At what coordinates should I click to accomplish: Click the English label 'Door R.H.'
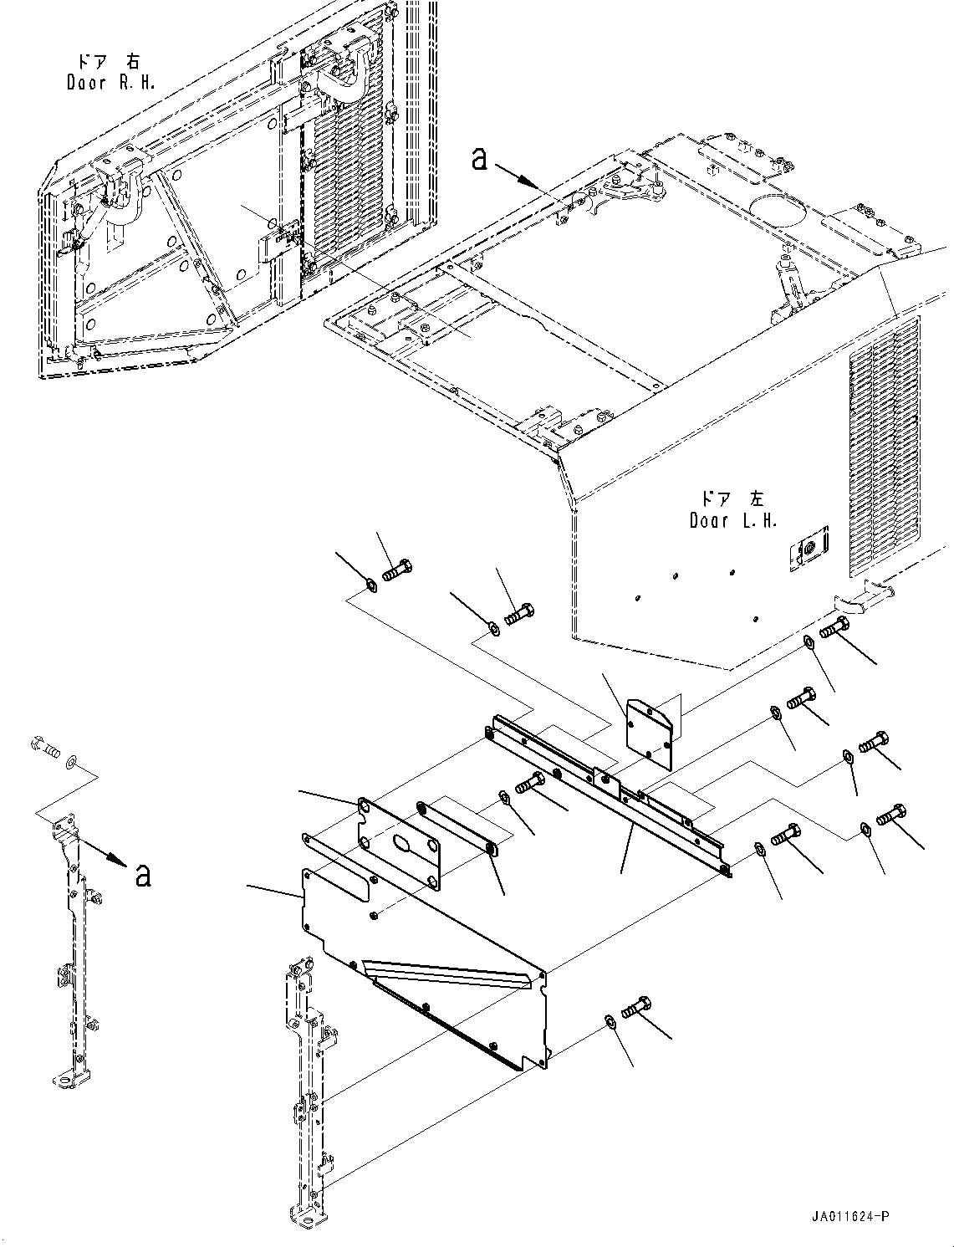point(111,82)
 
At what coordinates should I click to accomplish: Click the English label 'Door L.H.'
point(733,520)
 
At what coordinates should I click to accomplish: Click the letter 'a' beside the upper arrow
point(480,160)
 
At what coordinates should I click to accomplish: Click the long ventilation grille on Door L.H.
point(884,446)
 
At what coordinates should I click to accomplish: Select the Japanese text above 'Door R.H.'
point(110,61)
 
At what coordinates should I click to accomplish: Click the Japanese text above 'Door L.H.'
point(732,499)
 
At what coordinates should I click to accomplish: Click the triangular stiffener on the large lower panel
point(449,983)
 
